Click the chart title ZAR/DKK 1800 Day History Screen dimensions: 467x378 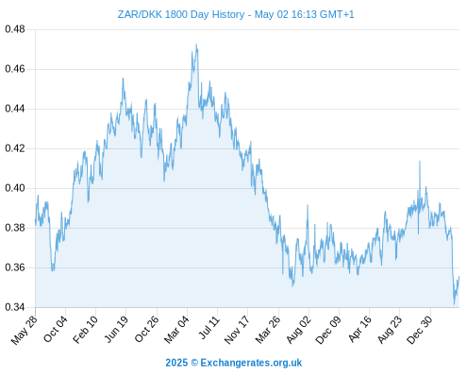(x=181, y=14)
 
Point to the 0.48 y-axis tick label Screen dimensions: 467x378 (x=15, y=29)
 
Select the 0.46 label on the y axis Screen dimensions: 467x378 (x=15, y=69)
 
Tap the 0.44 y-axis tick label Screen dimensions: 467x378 (x=15, y=109)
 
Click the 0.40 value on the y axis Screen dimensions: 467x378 (x=15, y=188)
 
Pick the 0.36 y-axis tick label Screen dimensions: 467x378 (x=15, y=267)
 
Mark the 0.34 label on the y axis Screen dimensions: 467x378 (x=15, y=307)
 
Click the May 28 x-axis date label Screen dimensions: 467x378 (x=24, y=330)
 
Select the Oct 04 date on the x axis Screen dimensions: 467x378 (x=55, y=329)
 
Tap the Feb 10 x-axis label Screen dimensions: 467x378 (x=85, y=330)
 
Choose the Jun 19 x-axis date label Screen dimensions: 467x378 (x=116, y=329)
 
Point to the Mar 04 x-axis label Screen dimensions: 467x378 (x=176, y=330)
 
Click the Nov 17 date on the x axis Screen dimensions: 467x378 (x=237, y=330)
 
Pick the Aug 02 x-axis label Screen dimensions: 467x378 (x=298, y=330)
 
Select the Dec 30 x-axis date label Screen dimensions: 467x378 (x=420, y=330)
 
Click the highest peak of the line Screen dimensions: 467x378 (x=196, y=44)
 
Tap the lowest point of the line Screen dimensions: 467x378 (x=454, y=304)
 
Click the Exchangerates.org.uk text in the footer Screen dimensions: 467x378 (x=251, y=363)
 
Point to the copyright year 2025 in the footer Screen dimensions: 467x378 (x=176, y=363)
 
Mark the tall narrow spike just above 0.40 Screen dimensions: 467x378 (x=420, y=162)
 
